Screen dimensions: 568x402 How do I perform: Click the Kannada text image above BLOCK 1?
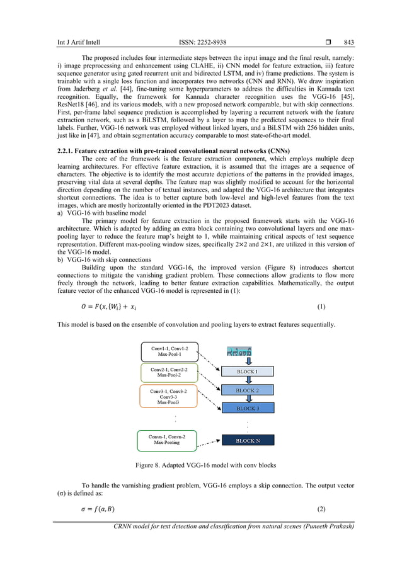click(x=239, y=350)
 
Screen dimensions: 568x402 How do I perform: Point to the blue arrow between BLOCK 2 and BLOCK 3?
click(x=249, y=399)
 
